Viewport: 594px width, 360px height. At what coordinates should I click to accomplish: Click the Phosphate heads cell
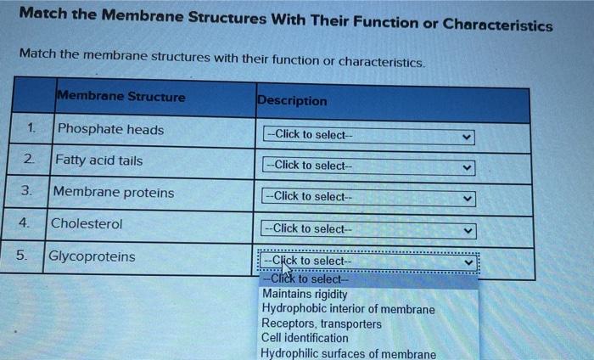tap(110, 130)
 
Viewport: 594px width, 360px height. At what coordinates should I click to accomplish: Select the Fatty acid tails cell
tap(99, 160)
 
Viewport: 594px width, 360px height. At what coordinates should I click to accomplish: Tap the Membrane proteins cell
tap(114, 193)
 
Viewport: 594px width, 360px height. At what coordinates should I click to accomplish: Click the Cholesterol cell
tap(87, 224)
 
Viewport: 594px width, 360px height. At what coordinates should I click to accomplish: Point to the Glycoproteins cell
tap(92, 256)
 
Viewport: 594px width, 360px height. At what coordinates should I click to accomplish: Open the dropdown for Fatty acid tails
tap(368, 166)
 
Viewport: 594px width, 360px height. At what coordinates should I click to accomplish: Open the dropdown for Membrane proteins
tap(368, 197)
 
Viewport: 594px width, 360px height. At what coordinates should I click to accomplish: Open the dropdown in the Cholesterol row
tap(368, 229)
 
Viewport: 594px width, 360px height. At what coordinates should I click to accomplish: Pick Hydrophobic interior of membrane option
tap(348, 309)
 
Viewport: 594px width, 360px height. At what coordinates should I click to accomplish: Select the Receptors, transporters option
tap(322, 323)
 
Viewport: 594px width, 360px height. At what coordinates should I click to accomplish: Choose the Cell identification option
tap(305, 338)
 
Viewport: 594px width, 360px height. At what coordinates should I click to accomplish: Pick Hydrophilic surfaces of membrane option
tap(349, 353)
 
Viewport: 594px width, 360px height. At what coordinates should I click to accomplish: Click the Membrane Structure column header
tap(120, 97)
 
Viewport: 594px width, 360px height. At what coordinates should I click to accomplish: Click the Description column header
tap(291, 100)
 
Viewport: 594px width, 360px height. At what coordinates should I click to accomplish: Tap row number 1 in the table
tap(31, 129)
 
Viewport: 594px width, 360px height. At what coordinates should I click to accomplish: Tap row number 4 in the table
tap(26, 223)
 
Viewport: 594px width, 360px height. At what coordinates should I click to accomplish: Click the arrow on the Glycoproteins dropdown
tap(466, 262)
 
